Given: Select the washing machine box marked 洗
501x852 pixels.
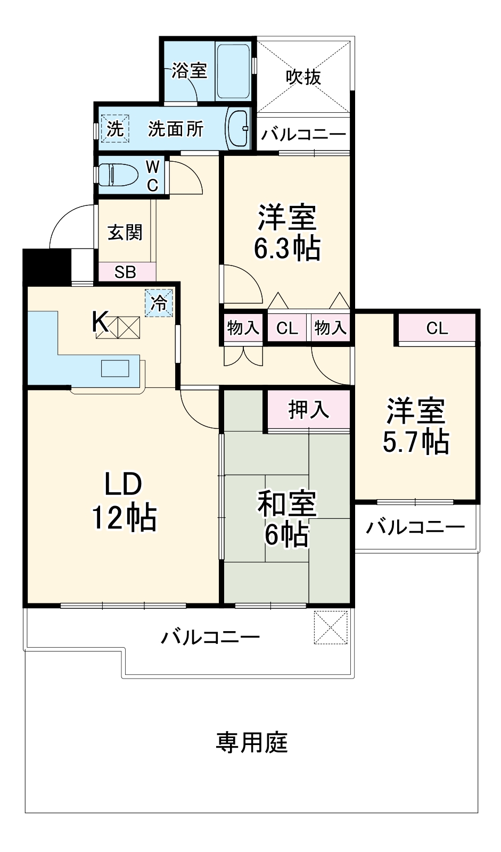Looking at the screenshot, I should point(116,129).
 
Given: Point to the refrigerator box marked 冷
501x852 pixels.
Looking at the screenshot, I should point(159,303).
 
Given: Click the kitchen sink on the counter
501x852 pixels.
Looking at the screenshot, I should point(116,368).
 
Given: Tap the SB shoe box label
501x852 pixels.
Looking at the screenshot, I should point(126,272).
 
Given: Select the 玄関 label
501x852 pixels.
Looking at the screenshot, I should point(125,233).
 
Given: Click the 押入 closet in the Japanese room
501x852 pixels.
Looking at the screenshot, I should point(309,409).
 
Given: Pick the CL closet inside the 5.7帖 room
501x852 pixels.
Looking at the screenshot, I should point(437,328).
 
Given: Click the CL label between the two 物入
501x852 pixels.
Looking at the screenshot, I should point(287,328).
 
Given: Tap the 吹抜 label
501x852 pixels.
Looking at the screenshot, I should point(303,77).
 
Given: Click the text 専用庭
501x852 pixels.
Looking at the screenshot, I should point(251,742).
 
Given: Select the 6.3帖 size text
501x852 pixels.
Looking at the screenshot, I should point(287,248).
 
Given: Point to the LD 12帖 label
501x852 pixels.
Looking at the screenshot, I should point(124,500).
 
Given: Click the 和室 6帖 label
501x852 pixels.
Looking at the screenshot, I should point(287,519).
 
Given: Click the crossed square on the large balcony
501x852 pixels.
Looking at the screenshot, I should point(331,627).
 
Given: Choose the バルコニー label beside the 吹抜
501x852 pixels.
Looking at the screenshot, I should point(303,135).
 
